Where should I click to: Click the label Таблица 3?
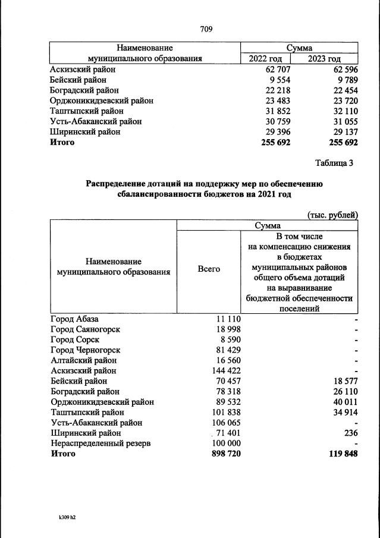[x=333, y=163]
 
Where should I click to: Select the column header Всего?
[x=208, y=269]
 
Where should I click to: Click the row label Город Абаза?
[x=74, y=319]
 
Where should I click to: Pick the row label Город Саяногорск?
[x=86, y=329]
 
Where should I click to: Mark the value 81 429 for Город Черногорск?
[x=228, y=350]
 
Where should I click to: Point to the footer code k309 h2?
[x=63, y=517]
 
